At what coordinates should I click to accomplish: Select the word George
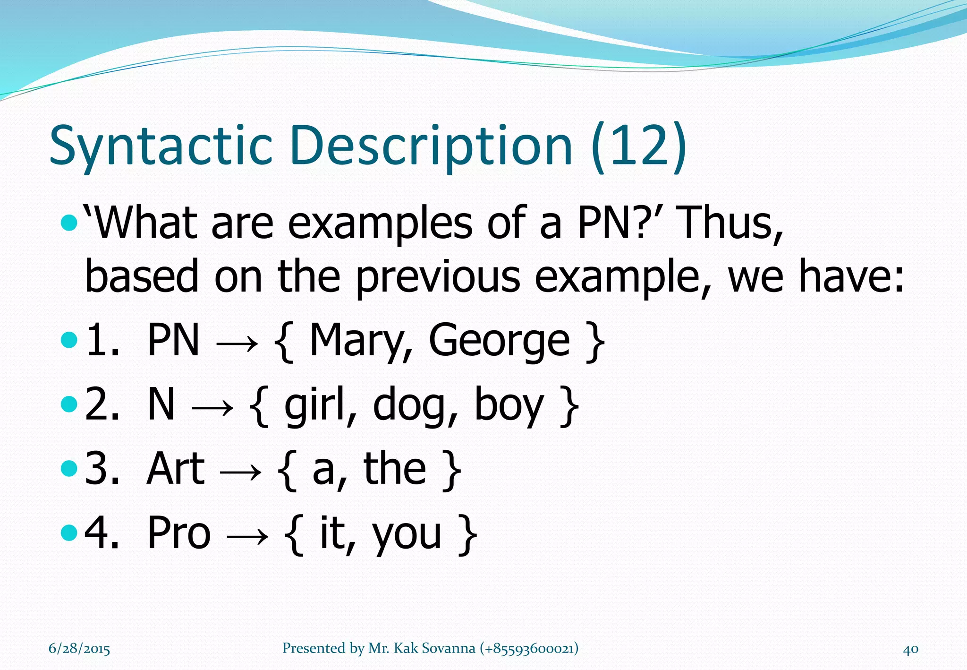(499, 341)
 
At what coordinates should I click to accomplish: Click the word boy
(509, 405)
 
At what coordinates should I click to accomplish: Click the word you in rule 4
(407, 534)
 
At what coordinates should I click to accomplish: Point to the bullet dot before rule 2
(69, 404)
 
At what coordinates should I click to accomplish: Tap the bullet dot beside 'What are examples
(69, 222)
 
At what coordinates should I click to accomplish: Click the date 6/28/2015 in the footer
(79, 649)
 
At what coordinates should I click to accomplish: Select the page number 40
(910, 649)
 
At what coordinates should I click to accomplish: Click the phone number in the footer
(529, 648)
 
